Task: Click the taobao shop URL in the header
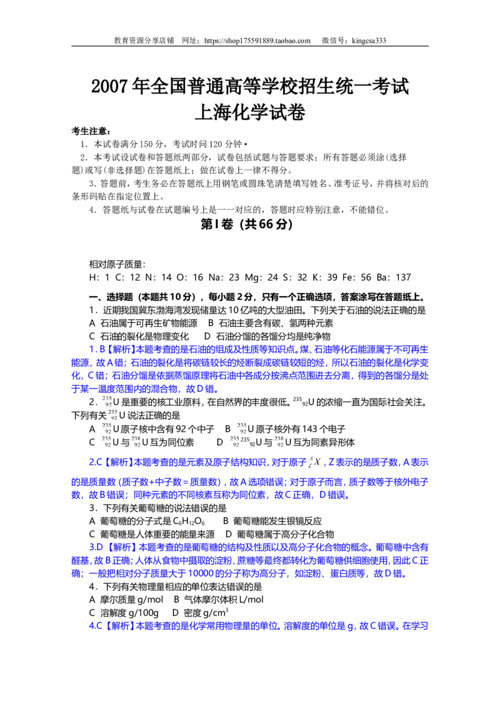click(x=257, y=41)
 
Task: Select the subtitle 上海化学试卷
click(x=250, y=112)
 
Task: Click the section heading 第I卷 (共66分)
click(x=246, y=224)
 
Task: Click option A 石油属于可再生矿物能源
click(x=143, y=324)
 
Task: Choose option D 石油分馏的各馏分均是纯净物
click(x=267, y=337)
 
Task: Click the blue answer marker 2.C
click(x=96, y=462)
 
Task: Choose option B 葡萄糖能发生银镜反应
click(x=272, y=522)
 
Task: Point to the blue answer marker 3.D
click(x=96, y=547)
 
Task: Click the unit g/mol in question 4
click(x=150, y=600)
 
